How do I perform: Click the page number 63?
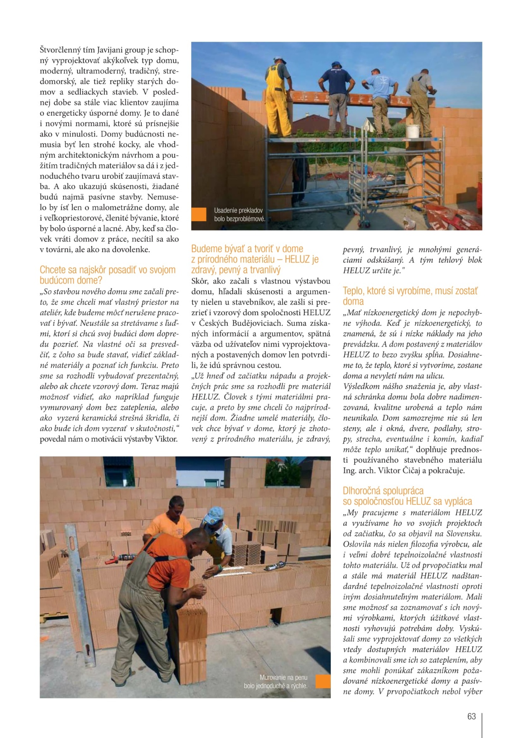click(471, 716)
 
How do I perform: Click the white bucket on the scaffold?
click(413, 131)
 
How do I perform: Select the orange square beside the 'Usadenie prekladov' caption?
click(199, 214)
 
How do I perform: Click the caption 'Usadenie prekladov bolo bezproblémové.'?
click(239, 214)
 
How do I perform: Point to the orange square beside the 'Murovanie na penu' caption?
click(323, 681)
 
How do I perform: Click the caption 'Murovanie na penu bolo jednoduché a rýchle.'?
click(276, 682)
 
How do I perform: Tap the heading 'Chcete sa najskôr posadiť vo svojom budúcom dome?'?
click(107, 275)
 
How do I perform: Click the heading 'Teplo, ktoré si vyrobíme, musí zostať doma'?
click(410, 296)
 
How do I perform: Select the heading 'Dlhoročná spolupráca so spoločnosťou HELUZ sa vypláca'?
click(407, 496)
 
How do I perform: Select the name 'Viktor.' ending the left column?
click(166, 439)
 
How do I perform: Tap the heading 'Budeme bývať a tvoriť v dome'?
click(247, 249)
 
